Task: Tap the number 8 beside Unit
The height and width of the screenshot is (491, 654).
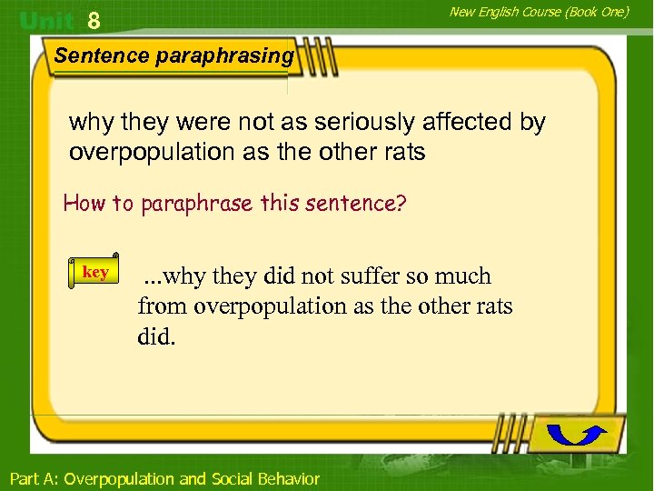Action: point(94,20)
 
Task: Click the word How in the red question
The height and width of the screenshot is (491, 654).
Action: point(84,203)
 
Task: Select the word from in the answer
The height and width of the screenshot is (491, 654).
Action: point(161,306)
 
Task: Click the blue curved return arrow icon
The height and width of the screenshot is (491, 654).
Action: point(578,434)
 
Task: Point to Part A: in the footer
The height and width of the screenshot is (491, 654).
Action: point(34,478)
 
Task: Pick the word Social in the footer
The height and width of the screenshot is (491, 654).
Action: point(233,478)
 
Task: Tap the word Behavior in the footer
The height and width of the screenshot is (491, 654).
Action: point(290,478)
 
